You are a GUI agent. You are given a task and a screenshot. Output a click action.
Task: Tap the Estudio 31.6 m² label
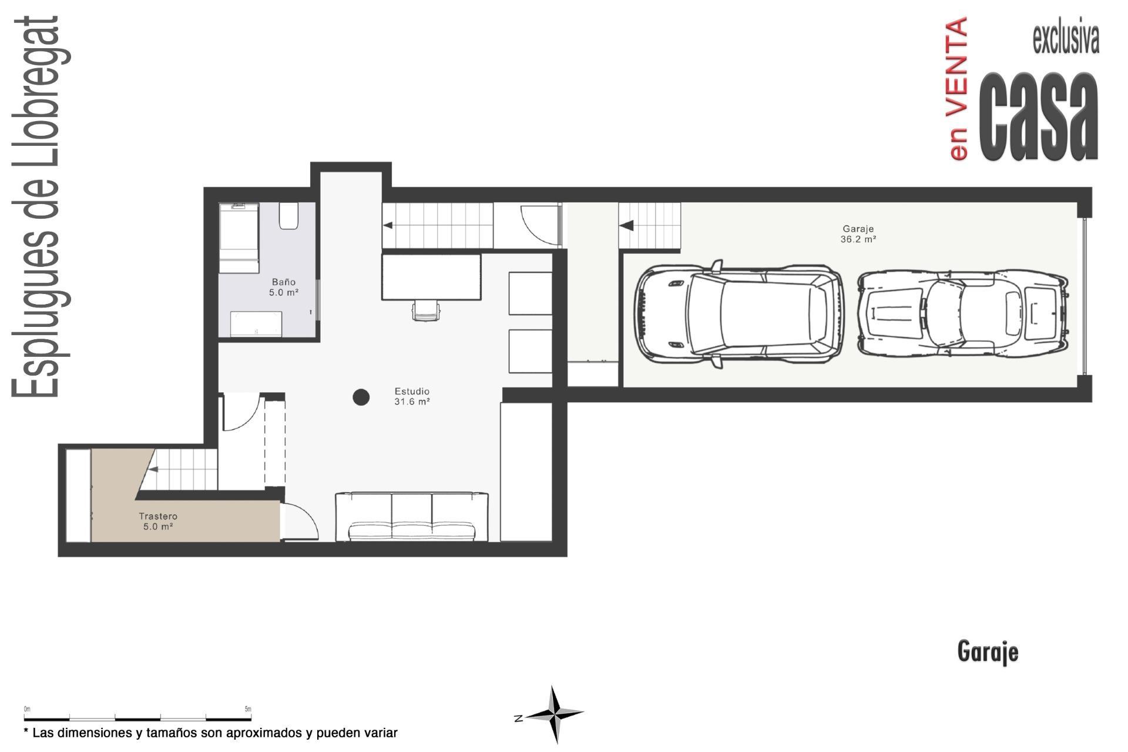point(412,396)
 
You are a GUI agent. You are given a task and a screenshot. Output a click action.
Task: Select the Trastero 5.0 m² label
point(158,522)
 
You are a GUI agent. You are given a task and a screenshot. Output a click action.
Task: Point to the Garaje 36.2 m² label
point(858,234)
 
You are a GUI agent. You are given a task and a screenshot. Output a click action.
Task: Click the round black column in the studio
point(361,397)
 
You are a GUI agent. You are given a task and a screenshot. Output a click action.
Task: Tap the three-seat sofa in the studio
point(412,517)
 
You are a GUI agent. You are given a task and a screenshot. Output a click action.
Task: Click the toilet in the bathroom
point(288,216)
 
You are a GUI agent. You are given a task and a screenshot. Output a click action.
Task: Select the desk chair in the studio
point(426,310)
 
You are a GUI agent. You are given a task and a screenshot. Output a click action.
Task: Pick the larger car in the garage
point(739,315)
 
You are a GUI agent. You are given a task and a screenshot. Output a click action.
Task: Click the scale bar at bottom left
point(138,717)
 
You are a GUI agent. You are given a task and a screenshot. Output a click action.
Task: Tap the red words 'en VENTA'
point(958,88)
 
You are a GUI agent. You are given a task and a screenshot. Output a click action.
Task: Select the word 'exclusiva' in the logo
point(1066,40)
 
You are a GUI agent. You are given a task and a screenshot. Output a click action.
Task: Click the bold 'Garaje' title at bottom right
point(988,652)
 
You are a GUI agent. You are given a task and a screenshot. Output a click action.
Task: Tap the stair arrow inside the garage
point(626,225)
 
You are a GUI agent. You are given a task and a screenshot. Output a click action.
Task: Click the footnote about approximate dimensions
point(210,733)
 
